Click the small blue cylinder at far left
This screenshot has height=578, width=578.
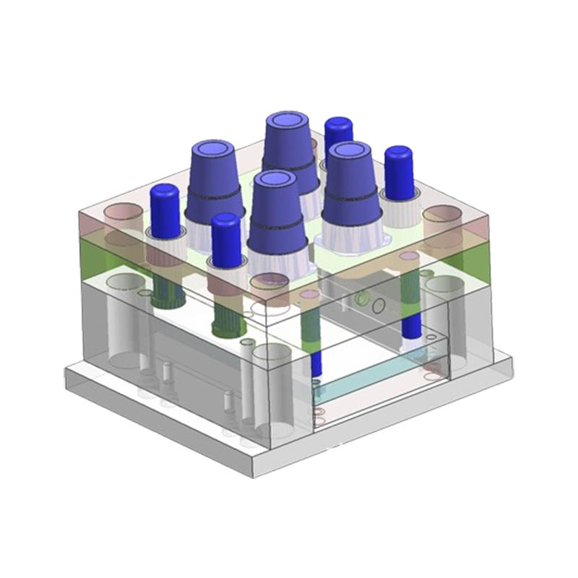click(165, 210)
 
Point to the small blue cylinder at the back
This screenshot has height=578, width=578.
click(338, 134)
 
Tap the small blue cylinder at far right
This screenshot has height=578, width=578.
click(398, 172)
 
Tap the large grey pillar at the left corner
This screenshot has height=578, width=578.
click(126, 318)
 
